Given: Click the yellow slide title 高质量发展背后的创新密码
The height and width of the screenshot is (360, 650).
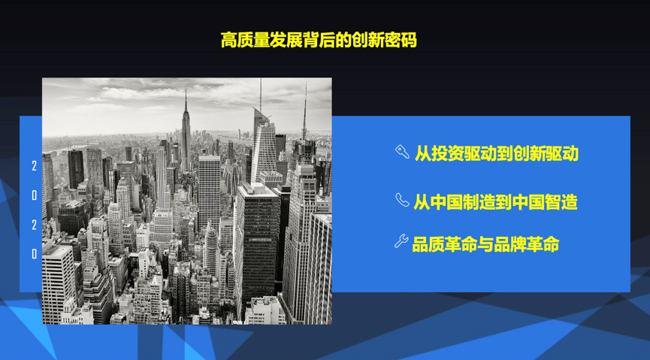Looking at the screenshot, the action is tap(319, 40).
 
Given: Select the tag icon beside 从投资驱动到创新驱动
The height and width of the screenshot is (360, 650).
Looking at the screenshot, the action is tap(402, 151).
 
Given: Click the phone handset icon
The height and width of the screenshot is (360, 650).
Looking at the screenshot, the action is tap(402, 200).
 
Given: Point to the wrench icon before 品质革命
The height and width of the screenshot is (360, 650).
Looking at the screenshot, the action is tap(401, 241).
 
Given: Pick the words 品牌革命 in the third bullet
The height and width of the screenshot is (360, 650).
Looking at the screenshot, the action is tap(527, 244).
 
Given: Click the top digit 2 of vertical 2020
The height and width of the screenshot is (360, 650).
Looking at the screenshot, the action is tap(35, 166).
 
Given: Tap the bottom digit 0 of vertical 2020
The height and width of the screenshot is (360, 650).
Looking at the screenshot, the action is tap(35, 254).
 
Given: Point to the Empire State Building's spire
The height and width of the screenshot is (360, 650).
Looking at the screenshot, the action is tap(186, 101).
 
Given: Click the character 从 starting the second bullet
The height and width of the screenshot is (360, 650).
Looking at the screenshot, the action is tap(422, 202).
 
